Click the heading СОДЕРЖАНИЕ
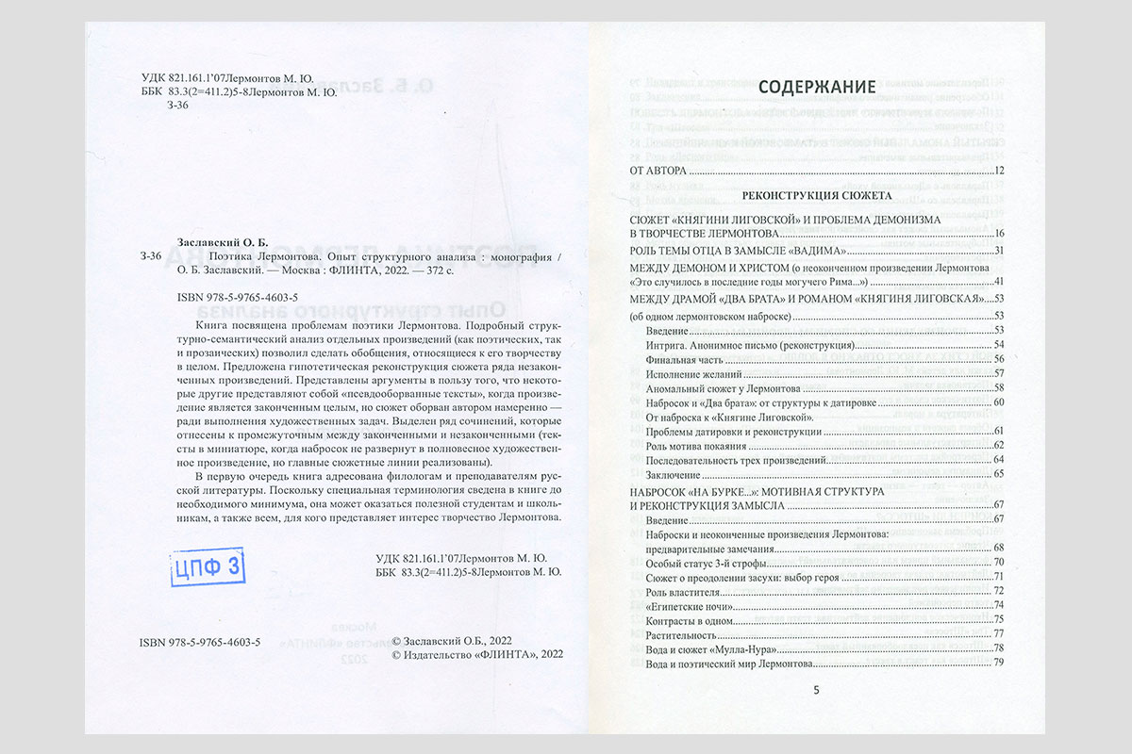point(817,88)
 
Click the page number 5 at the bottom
point(817,690)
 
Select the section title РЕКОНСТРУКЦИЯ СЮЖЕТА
point(817,196)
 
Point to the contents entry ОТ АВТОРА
point(659,171)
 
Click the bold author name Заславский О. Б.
point(224,239)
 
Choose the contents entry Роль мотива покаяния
point(696,445)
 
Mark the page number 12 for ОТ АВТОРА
point(1000,171)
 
